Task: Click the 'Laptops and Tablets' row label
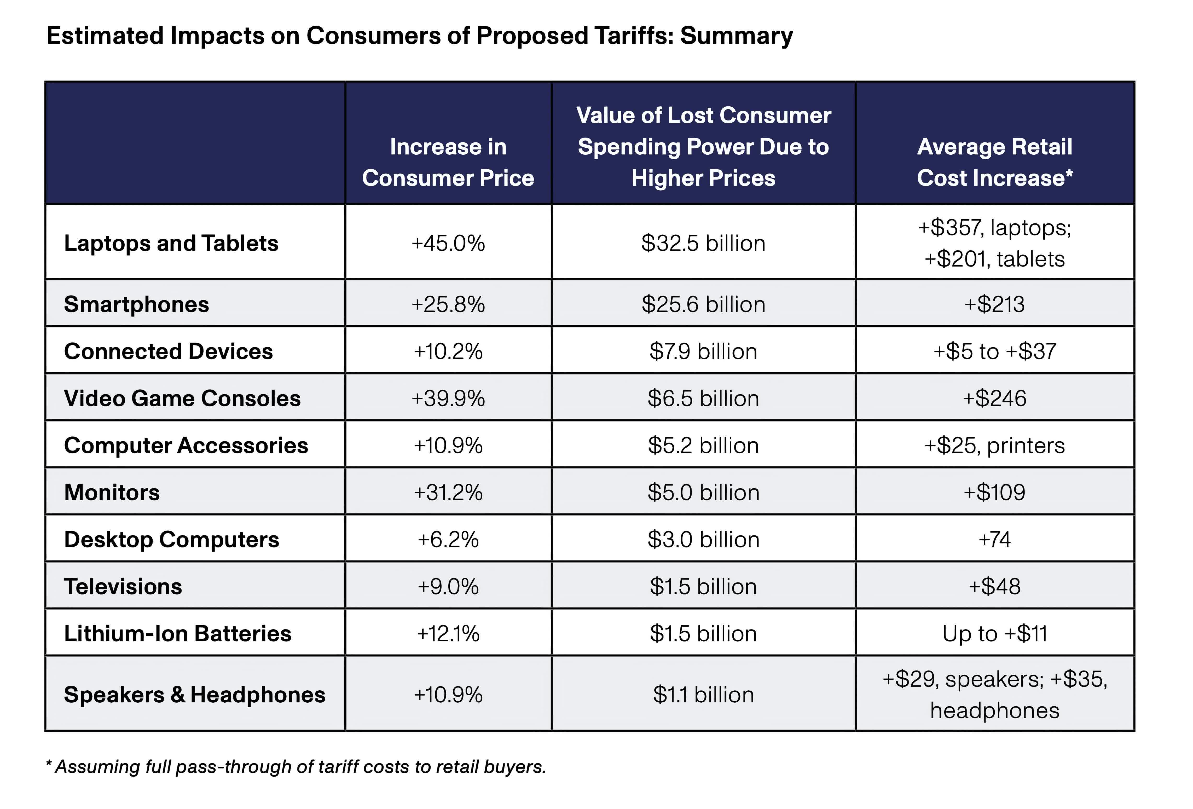(x=171, y=243)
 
